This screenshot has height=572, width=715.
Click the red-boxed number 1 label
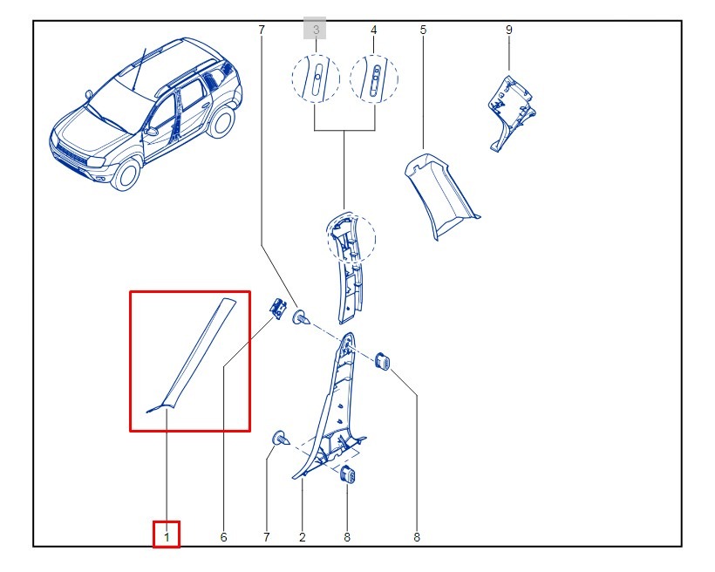click(166, 535)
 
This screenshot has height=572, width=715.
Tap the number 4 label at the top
click(373, 31)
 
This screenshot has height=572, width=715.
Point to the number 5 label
click(423, 31)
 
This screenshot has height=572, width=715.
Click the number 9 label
click(508, 31)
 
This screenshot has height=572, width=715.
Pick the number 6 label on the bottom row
click(223, 537)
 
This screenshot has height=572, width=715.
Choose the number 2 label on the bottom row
click(302, 537)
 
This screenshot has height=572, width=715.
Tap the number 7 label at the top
click(261, 31)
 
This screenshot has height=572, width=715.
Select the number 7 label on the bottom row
click(267, 537)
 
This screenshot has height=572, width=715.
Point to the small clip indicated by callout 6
click(277, 307)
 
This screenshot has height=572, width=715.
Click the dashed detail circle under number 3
click(316, 78)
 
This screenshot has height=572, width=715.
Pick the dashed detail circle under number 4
click(374, 78)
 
